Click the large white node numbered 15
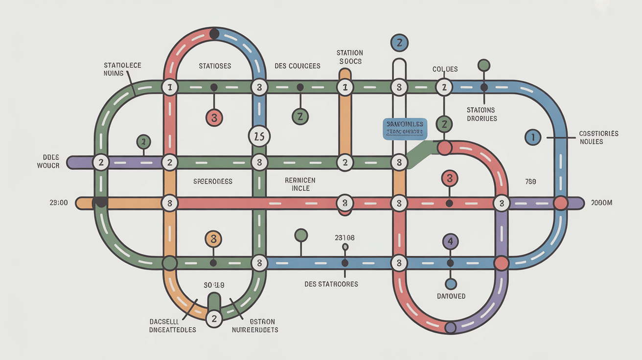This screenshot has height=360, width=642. tap(259, 136)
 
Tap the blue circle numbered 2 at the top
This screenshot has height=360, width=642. tap(399, 43)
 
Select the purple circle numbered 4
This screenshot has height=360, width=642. tap(451, 241)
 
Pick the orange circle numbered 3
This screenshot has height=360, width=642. tap(213, 239)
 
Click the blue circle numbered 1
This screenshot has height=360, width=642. tap(532, 137)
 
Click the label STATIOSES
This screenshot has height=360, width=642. tap(215, 66)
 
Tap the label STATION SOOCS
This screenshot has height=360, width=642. tap(349, 57)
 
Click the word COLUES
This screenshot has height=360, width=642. tap(445, 69)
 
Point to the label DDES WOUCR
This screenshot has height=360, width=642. tap(48, 161)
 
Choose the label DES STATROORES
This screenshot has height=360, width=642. tap(331, 284)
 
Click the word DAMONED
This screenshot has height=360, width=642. tap(451, 296)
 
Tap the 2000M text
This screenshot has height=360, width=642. tap(601, 203)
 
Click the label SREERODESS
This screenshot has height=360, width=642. tap(212, 181)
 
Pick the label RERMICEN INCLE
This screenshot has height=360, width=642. tap(300, 184)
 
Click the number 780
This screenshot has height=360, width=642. tap(530, 182)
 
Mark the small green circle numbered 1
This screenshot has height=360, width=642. tap(143, 142)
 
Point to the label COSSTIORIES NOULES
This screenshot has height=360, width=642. tap(598, 137)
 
